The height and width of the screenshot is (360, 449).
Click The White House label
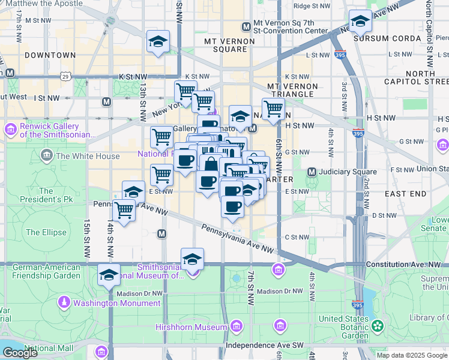pyautogui.click(x=80, y=157)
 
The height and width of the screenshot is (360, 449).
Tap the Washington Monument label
pyautogui.click(x=117, y=303)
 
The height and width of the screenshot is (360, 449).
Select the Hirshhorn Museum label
pyautogui.click(x=196, y=327)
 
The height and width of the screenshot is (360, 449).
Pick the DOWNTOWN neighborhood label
pyautogui.click(x=50, y=55)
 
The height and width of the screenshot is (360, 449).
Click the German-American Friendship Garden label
pyautogui.click(x=46, y=271)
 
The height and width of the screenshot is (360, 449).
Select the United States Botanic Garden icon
pyautogui.click(x=377, y=326)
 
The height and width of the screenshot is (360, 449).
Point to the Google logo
pyautogui.click(x=20, y=353)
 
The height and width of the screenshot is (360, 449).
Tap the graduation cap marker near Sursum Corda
pyautogui.click(x=360, y=22)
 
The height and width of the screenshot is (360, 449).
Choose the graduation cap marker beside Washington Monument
pyautogui.click(x=109, y=275)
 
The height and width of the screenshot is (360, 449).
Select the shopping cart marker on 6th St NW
pyautogui.click(x=273, y=109)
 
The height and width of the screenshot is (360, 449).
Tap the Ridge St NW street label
pyautogui.click(x=312, y=6)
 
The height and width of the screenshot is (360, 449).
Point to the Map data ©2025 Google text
pyautogui.click(x=412, y=355)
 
